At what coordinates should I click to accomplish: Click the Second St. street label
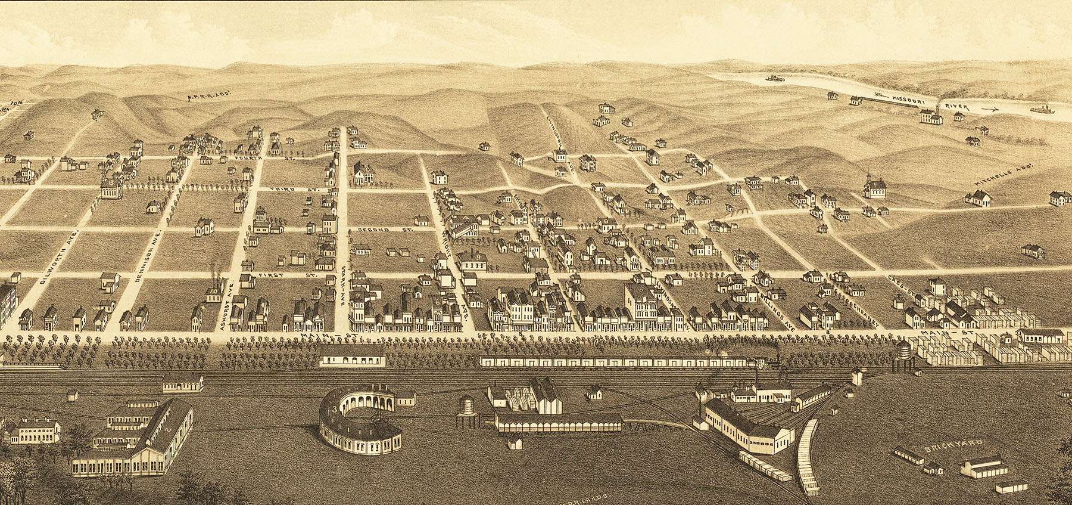(373, 230)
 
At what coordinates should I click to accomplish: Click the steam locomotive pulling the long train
(764, 361)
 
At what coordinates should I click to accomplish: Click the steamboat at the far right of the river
(1041, 110)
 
